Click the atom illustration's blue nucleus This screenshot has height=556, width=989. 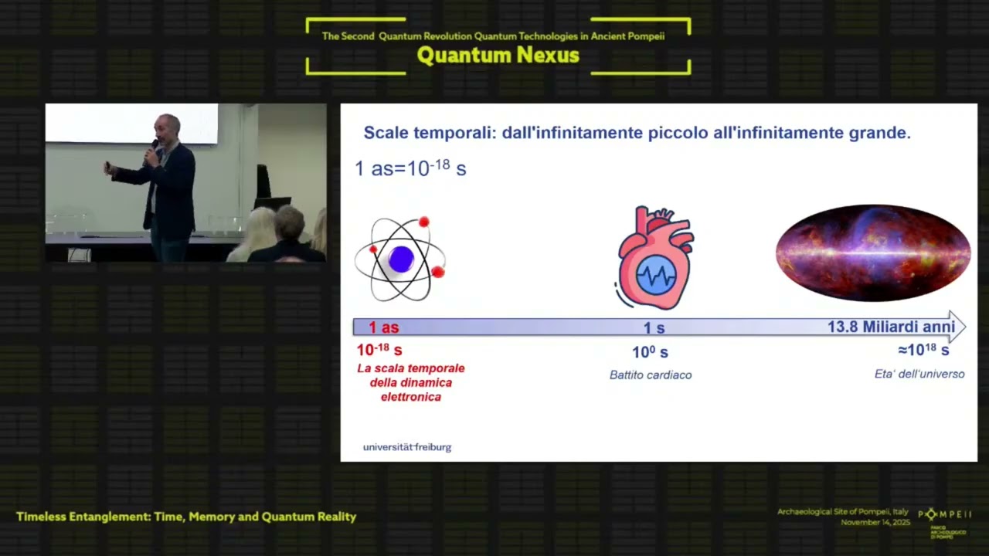(401, 259)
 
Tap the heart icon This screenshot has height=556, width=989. (655, 258)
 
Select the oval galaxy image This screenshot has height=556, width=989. (873, 253)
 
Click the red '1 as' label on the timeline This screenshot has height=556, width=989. (384, 327)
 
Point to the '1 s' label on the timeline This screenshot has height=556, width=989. (654, 328)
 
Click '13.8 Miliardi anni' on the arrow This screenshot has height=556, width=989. (891, 327)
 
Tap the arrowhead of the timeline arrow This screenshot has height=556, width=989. (958, 327)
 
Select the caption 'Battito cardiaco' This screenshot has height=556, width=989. (651, 375)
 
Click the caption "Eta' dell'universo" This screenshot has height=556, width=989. (919, 375)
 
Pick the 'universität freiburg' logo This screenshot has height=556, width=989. (407, 447)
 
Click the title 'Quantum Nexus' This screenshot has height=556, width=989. (498, 56)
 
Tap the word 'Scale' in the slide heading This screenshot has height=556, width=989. (388, 133)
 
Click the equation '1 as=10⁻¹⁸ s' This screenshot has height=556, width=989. (410, 168)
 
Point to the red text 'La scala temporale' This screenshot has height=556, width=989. (411, 368)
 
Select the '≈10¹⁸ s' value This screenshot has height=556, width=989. (923, 351)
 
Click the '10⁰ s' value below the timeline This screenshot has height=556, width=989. (650, 353)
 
